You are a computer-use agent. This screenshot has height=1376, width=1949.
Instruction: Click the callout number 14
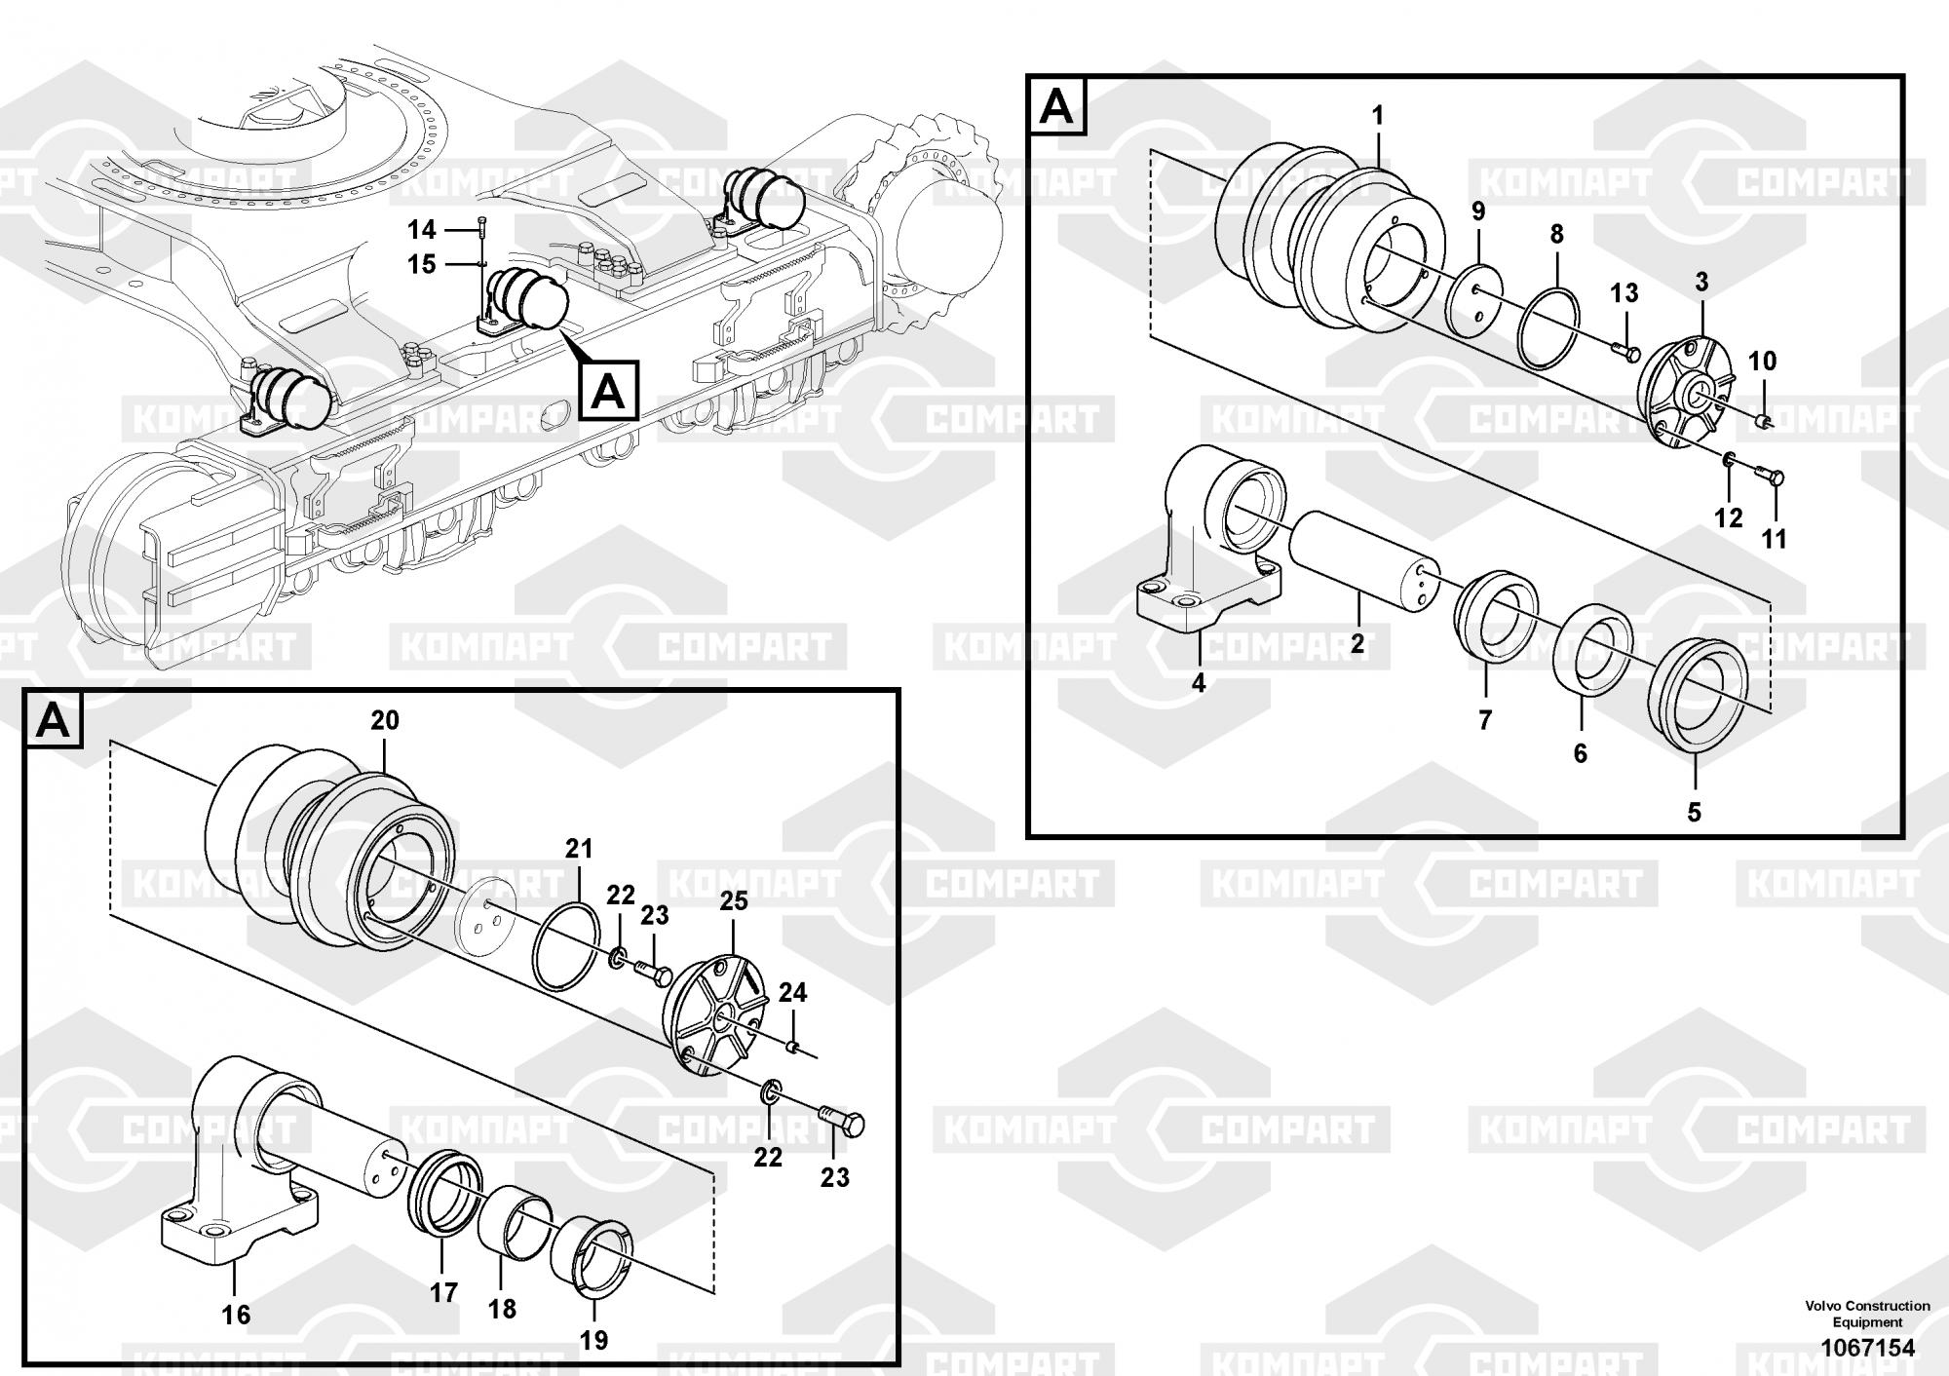[421, 230]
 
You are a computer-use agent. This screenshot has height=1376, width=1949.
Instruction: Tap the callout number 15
[421, 264]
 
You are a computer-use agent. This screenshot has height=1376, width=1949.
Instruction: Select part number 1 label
[1378, 116]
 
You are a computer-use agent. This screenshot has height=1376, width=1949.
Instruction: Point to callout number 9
[1478, 211]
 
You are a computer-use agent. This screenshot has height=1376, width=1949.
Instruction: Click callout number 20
[385, 720]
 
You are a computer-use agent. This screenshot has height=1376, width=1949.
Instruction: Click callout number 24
[792, 993]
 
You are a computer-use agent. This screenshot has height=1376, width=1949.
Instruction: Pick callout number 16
[236, 1315]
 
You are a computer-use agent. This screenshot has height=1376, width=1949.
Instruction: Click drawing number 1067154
[1867, 1348]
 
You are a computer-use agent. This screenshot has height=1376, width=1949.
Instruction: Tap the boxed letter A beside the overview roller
[608, 391]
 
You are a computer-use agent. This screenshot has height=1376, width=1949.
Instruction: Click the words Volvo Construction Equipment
[1867, 1314]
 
